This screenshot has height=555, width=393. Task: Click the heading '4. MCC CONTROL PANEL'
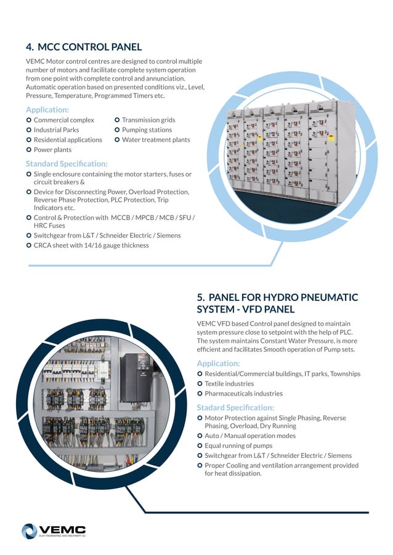(84, 47)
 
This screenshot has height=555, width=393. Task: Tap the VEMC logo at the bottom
(54, 531)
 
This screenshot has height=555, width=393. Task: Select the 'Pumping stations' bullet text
(147, 130)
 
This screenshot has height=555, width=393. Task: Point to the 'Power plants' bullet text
(52, 150)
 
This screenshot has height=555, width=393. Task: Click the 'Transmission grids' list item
(148, 120)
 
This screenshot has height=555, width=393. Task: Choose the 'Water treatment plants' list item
(156, 140)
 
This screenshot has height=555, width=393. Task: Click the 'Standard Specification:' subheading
(67, 164)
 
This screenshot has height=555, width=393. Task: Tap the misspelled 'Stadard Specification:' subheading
(235, 407)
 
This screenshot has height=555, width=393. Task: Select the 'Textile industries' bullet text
(229, 383)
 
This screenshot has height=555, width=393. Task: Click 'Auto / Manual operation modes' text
(250, 436)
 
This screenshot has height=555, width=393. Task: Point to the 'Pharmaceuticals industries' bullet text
(243, 393)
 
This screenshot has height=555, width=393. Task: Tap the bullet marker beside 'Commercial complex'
(29, 120)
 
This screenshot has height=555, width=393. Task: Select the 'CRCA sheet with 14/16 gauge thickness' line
(91, 245)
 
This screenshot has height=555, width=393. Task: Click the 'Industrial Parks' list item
(56, 130)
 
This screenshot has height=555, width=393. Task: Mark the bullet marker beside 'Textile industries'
(200, 383)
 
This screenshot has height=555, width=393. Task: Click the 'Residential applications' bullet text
(68, 140)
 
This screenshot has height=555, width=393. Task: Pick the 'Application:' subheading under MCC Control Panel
(47, 110)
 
